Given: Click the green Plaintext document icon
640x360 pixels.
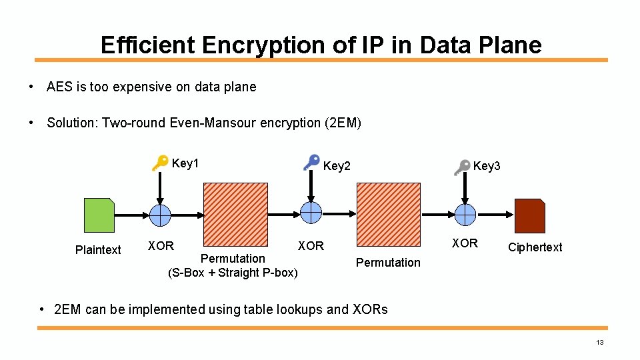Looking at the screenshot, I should (99, 215).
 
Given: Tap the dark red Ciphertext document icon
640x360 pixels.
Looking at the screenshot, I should (530, 215).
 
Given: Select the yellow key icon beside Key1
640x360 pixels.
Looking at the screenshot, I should (159, 163).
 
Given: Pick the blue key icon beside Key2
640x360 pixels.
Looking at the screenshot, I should (311, 162).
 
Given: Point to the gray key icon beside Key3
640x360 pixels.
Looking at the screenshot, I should (461, 167).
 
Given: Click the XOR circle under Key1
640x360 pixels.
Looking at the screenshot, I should (160, 215).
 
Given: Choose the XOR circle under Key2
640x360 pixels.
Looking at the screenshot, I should (311, 213).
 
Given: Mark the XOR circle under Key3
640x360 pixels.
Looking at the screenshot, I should (465, 215).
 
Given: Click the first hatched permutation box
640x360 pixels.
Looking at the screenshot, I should (235, 215).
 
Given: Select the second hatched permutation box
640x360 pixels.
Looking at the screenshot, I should (389, 215).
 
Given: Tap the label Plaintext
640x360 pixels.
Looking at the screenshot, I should (98, 250).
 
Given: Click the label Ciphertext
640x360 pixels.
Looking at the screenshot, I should (535, 247).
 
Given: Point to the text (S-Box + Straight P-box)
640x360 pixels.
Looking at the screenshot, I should (233, 273).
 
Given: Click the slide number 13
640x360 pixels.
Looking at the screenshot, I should (600, 343).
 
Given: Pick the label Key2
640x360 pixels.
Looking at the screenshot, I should (337, 166).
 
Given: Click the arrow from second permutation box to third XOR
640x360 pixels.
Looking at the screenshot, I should (436, 215).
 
